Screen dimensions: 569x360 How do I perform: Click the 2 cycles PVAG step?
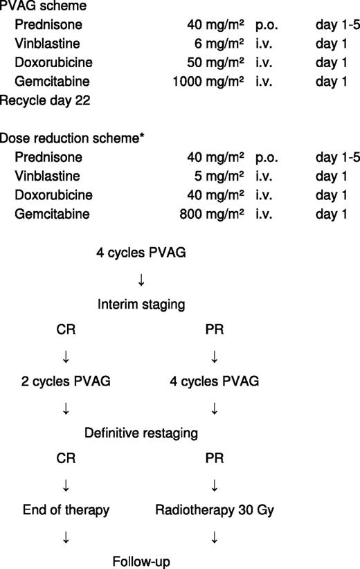pyautogui.click(x=65, y=381)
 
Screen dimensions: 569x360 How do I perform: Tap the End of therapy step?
pyautogui.click(x=65, y=511)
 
